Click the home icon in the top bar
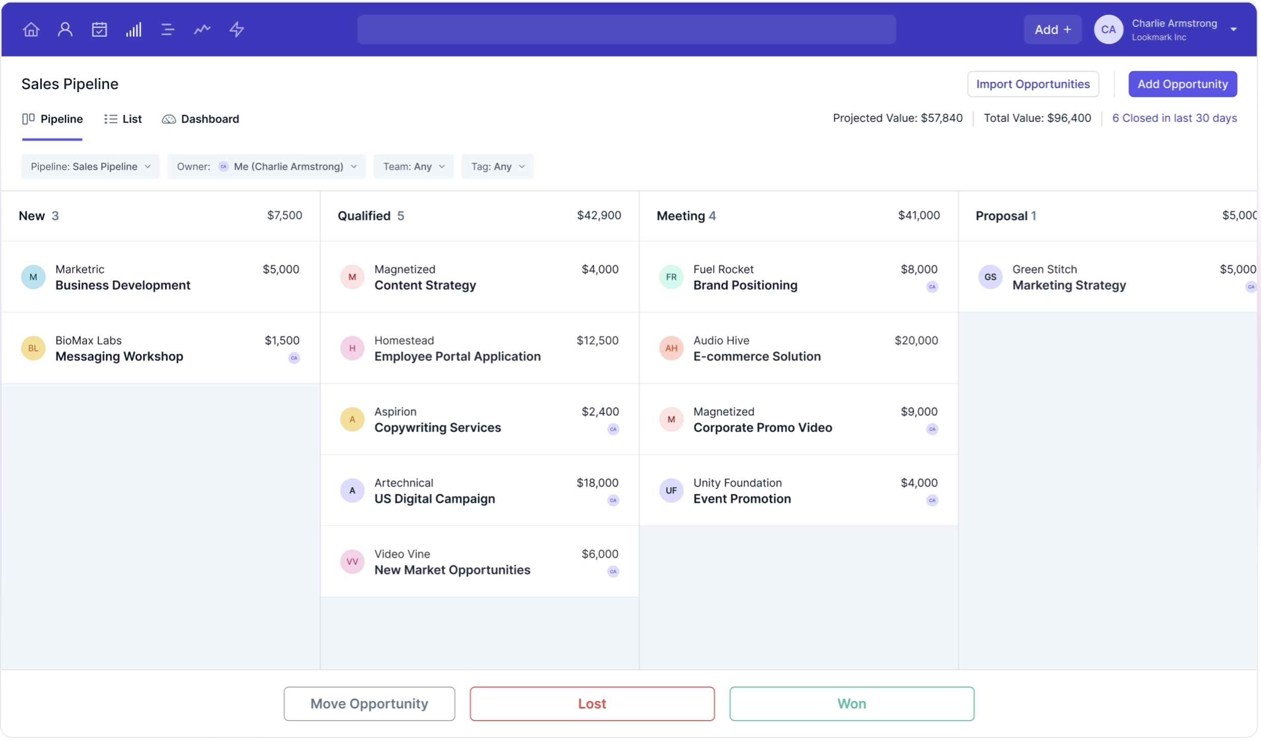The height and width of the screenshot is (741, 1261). (x=31, y=30)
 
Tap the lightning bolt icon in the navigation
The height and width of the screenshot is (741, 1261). (x=237, y=30)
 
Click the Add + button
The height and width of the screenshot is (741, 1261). (x=1052, y=30)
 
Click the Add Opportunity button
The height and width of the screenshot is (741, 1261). (x=1182, y=84)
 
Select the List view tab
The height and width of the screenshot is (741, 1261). (x=123, y=119)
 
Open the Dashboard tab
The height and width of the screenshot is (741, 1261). (x=200, y=119)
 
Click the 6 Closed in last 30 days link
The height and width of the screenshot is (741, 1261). (x=1174, y=118)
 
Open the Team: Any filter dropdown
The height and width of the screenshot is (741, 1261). (x=413, y=167)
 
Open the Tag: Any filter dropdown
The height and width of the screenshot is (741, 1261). (x=497, y=167)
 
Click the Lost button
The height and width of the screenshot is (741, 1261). (x=592, y=703)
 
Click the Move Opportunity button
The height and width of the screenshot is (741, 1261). (x=369, y=703)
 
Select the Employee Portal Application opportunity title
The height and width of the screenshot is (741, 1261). (x=457, y=356)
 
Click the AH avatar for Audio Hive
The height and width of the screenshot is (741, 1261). (x=671, y=348)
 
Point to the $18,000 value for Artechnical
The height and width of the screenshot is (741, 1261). (x=597, y=483)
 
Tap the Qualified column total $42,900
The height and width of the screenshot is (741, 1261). (x=598, y=216)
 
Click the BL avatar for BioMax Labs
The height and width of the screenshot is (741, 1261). (x=33, y=348)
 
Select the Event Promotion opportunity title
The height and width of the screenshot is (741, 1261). (x=742, y=498)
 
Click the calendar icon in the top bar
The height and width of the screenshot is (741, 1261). (x=99, y=30)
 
